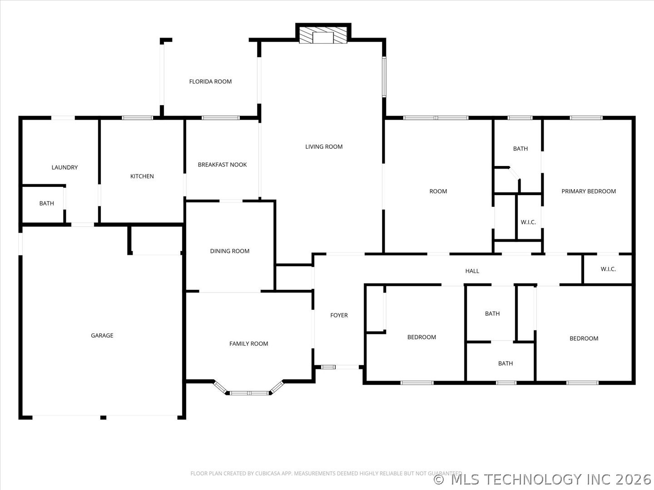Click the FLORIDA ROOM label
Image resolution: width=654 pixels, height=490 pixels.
pyautogui.click(x=210, y=82)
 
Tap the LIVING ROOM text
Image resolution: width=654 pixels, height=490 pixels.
pyautogui.click(x=324, y=147)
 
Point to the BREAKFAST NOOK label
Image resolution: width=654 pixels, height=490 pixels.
pyautogui.click(x=222, y=165)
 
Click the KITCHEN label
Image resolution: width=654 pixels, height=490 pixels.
pyautogui.click(x=142, y=176)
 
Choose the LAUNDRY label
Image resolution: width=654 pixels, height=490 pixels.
pyautogui.click(x=64, y=167)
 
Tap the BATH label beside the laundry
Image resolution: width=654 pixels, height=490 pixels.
pyautogui.click(x=47, y=204)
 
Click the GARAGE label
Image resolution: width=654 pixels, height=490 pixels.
pyautogui.click(x=102, y=336)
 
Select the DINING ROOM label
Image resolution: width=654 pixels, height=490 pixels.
pyautogui.click(x=230, y=251)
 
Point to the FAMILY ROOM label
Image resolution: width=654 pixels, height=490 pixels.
pyautogui.click(x=248, y=344)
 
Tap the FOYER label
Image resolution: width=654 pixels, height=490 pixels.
pyautogui.click(x=339, y=315)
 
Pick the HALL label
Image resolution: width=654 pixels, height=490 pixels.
pyautogui.click(x=472, y=271)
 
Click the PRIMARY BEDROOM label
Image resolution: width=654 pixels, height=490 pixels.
pyautogui.click(x=589, y=191)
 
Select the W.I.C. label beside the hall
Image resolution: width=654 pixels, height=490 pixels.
pyautogui.click(x=608, y=269)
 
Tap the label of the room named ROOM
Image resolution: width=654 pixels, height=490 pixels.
pyautogui.click(x=438, y=191)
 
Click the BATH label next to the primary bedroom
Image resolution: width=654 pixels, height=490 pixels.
pyautogui.click(x=520, y=149)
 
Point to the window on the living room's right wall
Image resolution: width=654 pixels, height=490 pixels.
pyautogui.click(x=384, y=77)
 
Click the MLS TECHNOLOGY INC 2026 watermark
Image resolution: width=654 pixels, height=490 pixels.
pyautogui.click(x=542, y=480)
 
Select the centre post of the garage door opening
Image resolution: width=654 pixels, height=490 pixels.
pyautogui.click(x=103, y=418)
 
